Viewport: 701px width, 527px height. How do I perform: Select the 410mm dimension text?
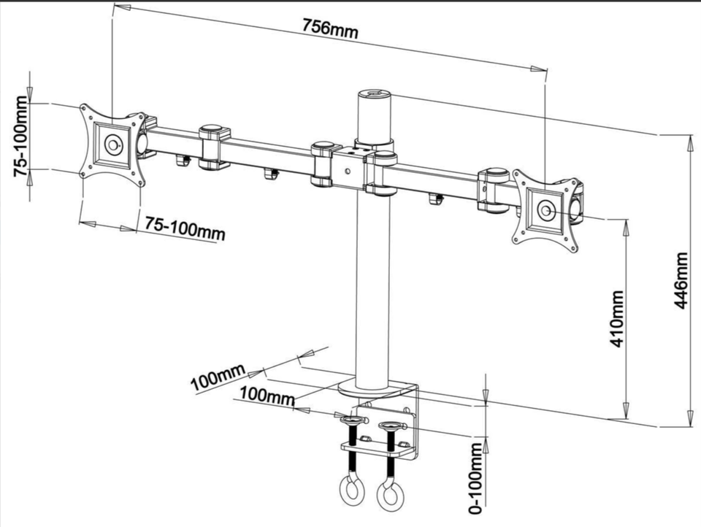pos(617,318)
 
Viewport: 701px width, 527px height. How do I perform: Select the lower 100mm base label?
pos(267,397)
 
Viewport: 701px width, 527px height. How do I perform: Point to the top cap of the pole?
pos(373,94)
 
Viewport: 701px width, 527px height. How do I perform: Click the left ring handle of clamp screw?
pos(350,487)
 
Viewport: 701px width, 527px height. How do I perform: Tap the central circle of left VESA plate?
pos(112,145)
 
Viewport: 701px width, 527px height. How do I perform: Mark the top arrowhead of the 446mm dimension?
pos(689,140)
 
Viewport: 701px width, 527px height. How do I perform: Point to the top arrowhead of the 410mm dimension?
pos(625,223)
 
